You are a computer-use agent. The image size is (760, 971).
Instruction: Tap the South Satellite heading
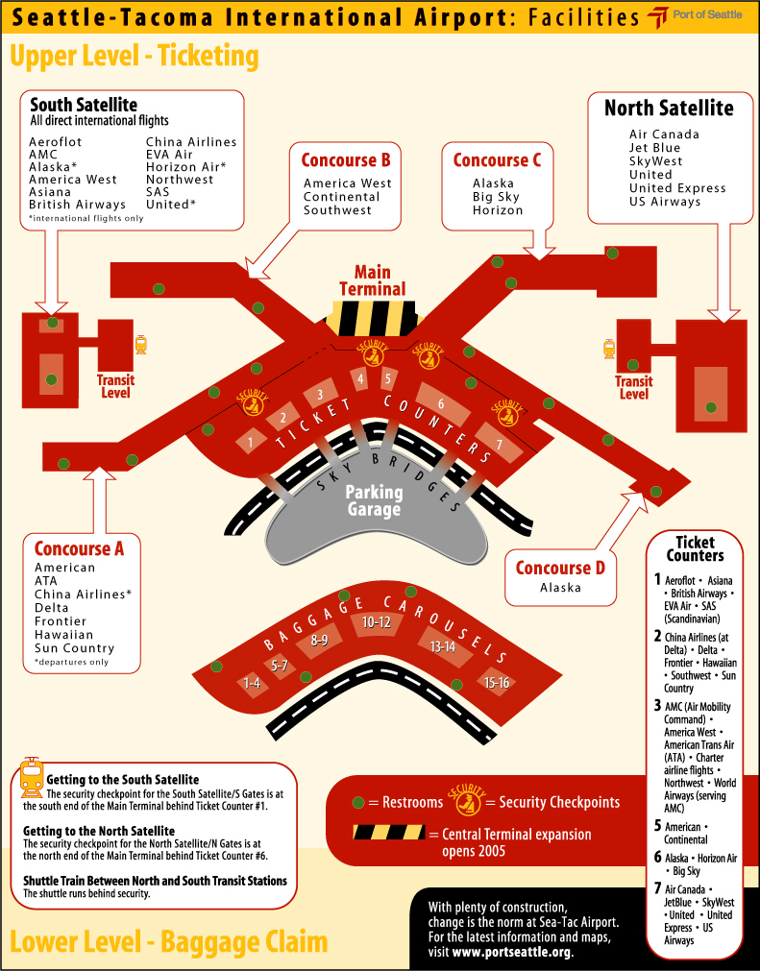pos(84,105)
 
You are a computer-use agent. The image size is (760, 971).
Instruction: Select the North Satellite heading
pos(669,108)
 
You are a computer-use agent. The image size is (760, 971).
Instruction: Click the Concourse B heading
pos(346,160)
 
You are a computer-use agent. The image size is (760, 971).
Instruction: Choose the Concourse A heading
pos(79,549)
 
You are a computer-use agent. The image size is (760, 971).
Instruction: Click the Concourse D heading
pos(560,568)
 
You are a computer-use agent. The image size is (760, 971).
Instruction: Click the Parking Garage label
pos(374,500)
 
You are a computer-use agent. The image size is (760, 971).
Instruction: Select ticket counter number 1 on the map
pos(251,442)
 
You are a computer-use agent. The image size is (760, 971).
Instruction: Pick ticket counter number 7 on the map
pos(499,444)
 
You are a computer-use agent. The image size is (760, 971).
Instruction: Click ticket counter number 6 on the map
pos(441,404)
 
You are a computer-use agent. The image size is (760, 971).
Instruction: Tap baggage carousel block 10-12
pos(376,622)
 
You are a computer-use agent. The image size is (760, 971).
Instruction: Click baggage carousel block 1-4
pos(252,683)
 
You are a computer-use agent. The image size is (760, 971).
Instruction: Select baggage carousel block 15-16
pos(497,682)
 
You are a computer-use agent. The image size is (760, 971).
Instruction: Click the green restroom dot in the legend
pos(357,802)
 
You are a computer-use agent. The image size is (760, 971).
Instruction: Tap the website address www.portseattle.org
pos(512,953)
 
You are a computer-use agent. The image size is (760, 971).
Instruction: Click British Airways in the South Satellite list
pos(77,205)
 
